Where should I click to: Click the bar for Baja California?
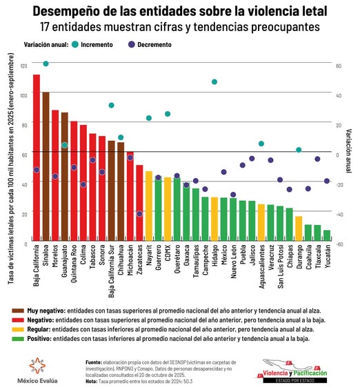tap(37, 159)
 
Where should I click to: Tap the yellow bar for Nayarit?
tap(148, 207)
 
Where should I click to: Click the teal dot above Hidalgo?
tap(214, 81)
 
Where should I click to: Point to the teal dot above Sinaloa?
tap(46, 64)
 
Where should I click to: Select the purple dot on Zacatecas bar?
tap(139, 214)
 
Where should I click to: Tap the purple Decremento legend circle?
tap(131, 44)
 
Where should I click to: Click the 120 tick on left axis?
tap(25, 65)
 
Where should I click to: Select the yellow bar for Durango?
tap(299, 230)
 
